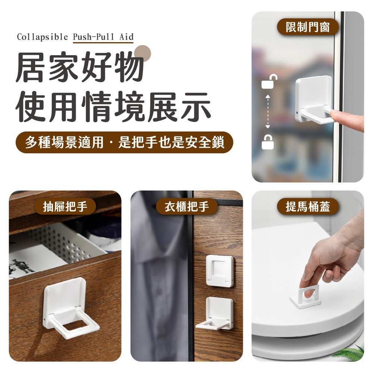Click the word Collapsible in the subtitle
42,37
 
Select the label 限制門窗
308,27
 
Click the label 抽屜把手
65,206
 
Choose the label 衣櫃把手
186,206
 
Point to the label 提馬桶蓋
308,206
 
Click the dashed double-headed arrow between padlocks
267,112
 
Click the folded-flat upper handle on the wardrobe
220,271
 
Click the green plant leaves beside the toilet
351,352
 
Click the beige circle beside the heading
143,53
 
